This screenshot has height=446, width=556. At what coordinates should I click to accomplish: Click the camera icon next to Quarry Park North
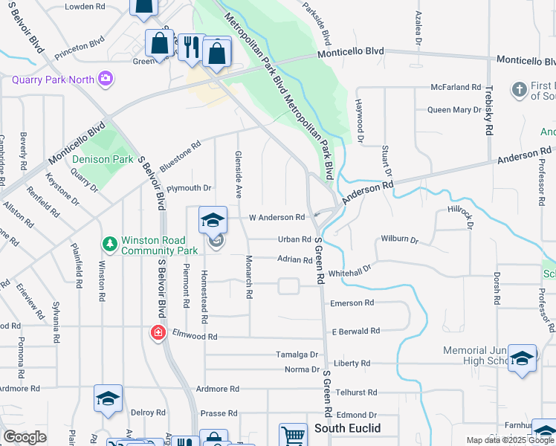coord(106,77)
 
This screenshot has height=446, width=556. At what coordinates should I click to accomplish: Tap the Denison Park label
coord(103,159)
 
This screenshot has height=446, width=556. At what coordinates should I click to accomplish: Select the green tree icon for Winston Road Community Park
coord(110,244)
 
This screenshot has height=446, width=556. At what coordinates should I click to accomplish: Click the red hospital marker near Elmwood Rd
coord(158,332)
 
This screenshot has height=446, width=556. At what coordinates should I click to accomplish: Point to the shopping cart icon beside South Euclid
coord(293,435)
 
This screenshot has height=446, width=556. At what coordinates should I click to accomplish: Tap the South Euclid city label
coord(347,429)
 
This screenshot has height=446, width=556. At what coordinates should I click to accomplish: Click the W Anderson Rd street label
coord(277,218)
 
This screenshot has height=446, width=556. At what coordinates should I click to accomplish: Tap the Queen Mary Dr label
coord(454,110)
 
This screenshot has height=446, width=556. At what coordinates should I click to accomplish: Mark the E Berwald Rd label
coord(355,331)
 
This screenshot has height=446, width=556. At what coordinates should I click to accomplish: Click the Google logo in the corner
coord(25,436)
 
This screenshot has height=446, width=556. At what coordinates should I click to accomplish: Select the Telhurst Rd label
coord(356,392)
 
